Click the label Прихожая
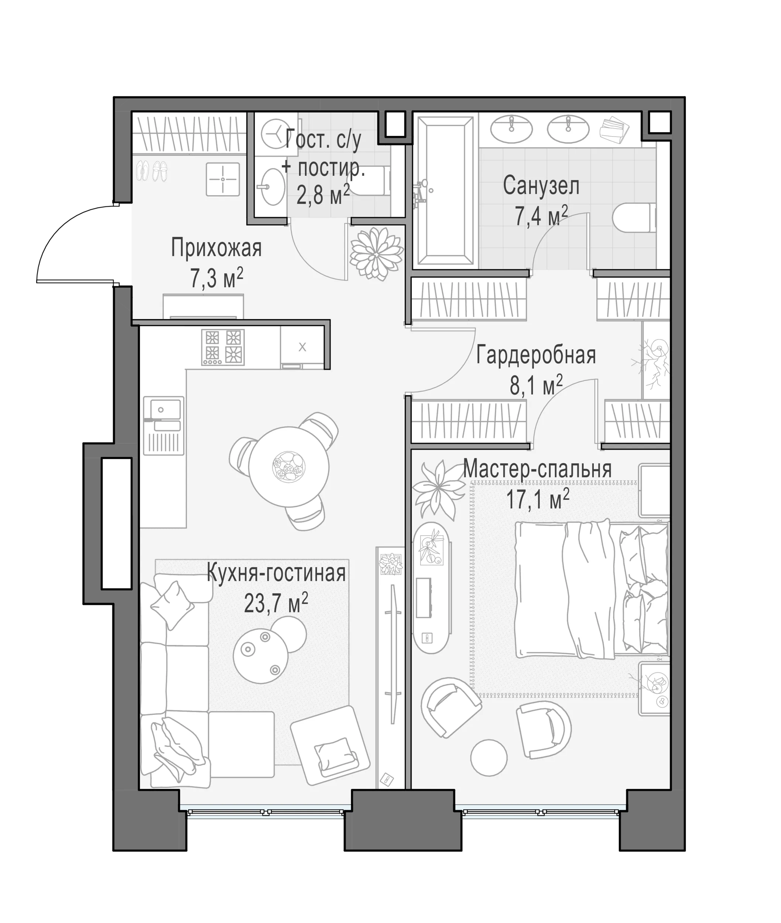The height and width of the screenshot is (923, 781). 216,248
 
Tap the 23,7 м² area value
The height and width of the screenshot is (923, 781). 276,603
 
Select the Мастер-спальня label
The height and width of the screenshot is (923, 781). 537,469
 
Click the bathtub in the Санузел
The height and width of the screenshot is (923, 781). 445,191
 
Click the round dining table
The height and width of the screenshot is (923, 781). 289,467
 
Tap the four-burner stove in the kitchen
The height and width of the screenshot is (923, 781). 223,347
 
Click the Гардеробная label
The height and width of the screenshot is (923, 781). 536,356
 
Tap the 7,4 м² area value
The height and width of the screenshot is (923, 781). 541,216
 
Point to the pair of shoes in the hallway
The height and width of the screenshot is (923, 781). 151,171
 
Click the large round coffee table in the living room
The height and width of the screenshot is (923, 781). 261,657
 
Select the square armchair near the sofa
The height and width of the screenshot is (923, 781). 330,745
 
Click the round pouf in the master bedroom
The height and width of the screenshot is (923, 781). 489,758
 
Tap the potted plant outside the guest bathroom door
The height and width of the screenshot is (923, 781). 376,254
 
